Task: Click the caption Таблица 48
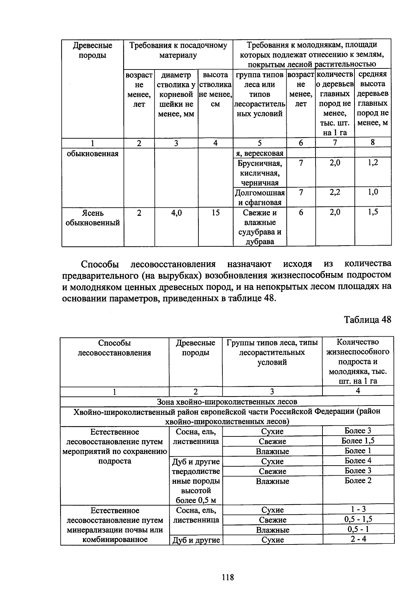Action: pyautogui.click(x=367, y=319)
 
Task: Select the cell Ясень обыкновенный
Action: pyautogui.click(x=92, y=218)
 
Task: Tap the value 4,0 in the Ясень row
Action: pyautogui.click(x=176, y=213)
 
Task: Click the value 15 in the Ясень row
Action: pyautogui.click(x=215, y=213)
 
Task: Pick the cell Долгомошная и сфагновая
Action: pyautogui.click(x=260, y=197)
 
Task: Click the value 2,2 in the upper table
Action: pyautogui.click(x=335, y=192)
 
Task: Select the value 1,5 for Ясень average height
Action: pyautogui.click(x=373, y=212)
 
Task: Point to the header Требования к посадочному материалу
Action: pyautogui.click(x=178, y=50)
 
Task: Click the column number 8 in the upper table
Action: pyautogui.click(x=373, y=142)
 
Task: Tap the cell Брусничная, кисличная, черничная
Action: pyautogui.click(x=260, y=173)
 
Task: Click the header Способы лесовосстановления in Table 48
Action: pyautogui.click(x=114, y=348)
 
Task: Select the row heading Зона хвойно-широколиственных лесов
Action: pyautogui.click(x=227, y=402)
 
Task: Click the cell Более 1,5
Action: pyautogui.click(x=358, y=441)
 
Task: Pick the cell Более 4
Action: pyautogui.click(x=358, y=461)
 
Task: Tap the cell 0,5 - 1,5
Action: pyautogui.click(x=358, y=519)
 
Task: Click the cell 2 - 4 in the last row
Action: pyautogui.click(x=358, y=539)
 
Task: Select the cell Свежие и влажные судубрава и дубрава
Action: pyautogui.click(x=260, y=227)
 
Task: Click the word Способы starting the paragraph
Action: pyautogui.click(x=100, y=264)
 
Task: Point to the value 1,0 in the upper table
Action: pyautogui.click(x=373, y=192)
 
